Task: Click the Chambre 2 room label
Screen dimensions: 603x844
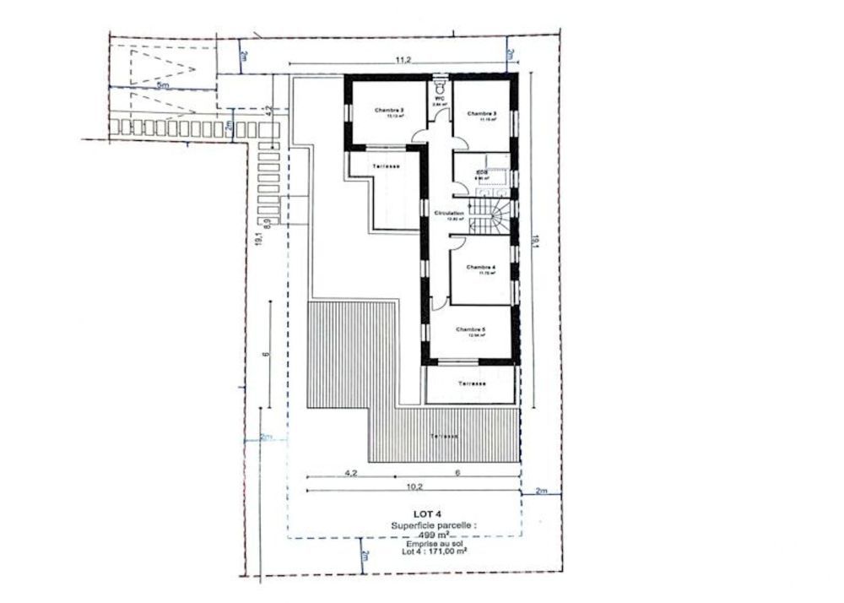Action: (x=389, y=110)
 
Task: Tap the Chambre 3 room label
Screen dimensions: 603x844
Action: (x=482, y=113)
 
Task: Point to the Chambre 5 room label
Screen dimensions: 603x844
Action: (x=471, y=329)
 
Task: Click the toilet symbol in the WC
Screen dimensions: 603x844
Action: (x=439, y=87)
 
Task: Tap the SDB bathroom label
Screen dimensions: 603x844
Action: (x=482, y=171)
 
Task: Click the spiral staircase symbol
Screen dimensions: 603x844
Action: (x=493, y=215)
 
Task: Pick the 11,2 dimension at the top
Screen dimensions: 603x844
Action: (x=402, y=59)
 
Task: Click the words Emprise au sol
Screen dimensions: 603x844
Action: (x=433, y=544)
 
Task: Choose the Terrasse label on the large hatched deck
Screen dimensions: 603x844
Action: (x=443, y=437)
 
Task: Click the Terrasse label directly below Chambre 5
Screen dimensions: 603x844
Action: (x=472, y=383)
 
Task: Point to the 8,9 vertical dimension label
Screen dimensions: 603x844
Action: (x=267, y=222)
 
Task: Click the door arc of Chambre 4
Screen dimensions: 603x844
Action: (x=457, y=242)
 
